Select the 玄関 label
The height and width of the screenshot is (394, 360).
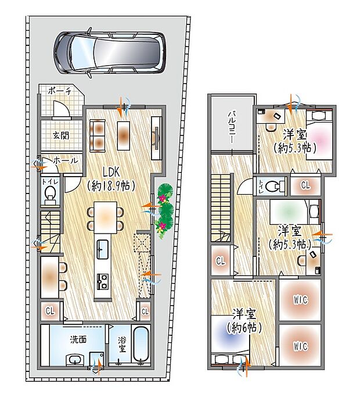(61, 135)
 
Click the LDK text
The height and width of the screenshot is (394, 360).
(112, 172)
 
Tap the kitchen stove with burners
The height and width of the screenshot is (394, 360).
(103, 282)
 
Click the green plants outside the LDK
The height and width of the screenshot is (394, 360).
(164, 208)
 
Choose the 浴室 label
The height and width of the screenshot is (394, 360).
(123, 345)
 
